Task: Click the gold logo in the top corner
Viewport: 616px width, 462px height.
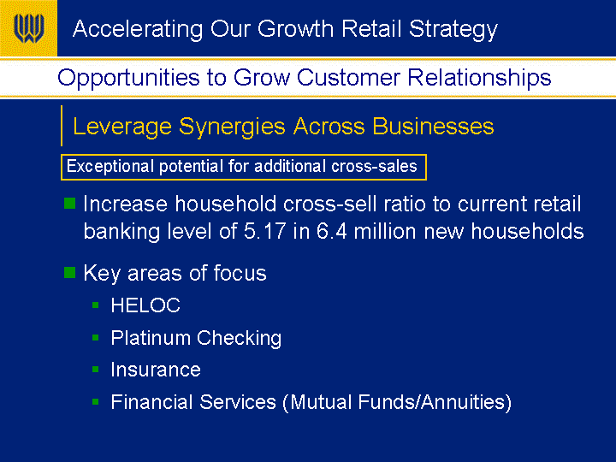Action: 28,28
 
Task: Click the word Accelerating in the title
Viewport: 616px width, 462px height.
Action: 138,30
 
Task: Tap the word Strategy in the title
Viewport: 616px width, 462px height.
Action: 453,30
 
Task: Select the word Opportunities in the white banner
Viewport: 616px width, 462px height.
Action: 128,78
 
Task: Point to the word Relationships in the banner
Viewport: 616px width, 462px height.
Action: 479,77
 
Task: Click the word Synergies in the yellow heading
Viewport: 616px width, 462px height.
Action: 232,127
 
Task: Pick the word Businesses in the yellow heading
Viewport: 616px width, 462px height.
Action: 433,127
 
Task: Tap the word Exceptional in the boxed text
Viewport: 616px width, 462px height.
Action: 110,167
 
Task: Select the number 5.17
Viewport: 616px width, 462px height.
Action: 264,231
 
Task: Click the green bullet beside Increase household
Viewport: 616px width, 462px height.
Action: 69,203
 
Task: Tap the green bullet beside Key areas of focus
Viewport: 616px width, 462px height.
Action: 69,272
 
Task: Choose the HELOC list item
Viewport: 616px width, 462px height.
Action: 145,305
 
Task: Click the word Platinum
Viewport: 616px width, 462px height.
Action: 151,338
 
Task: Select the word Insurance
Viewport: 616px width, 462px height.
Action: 156,370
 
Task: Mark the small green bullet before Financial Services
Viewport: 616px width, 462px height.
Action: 96,401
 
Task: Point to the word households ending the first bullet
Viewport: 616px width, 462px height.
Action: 527,231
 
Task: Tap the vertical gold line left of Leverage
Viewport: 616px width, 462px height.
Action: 62,126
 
